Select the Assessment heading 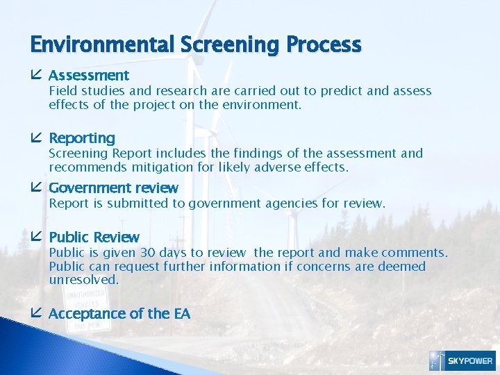click(x=89, y=75)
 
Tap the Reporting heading click(x=82, y=138)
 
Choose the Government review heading click(x=113, y=188)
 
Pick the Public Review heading click(x=94, y=237)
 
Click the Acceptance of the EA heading click(x=119, y=314)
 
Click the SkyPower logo click(x=461, y=360)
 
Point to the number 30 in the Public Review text click(x=147, y=253)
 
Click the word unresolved click(x=83, y=280)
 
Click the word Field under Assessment click(x=62, y=91)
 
